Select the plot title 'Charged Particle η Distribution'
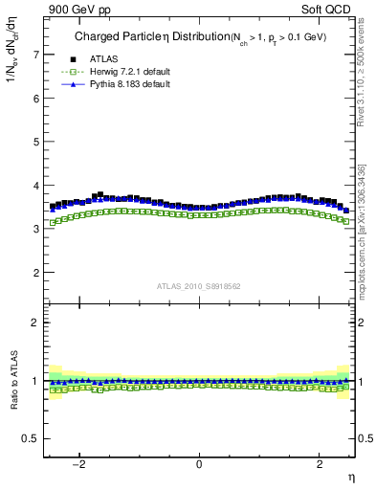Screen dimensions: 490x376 point(144,37)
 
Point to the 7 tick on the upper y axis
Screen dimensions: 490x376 point(36,55)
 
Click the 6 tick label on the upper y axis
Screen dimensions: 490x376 point(36,99)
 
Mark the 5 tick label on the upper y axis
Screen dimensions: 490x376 point(36,142)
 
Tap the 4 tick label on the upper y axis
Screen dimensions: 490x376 point(36,186)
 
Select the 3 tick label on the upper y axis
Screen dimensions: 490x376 point(36,230)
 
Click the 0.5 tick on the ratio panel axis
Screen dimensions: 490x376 point(31,438)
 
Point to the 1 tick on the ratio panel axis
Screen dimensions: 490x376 point(36,381)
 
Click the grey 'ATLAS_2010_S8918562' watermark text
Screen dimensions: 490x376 point(199,286)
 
